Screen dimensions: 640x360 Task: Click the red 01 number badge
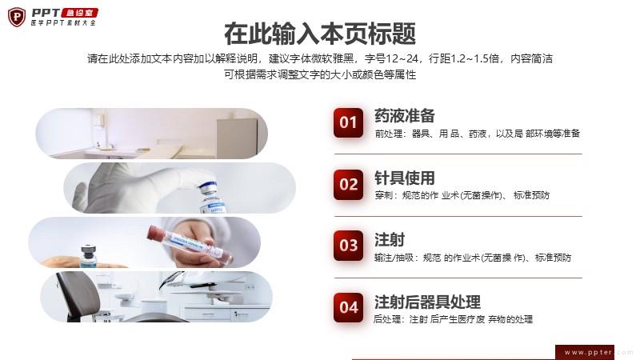pos(348,122)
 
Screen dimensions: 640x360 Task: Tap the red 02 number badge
pos(348,185)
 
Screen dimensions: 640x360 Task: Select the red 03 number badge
pos(348,246)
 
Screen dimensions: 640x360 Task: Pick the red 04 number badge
pos(348,307)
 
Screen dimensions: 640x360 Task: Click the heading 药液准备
pos(405,116)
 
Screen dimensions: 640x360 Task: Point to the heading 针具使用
pos(405,178)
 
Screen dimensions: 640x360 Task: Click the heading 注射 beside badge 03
pos(390,239)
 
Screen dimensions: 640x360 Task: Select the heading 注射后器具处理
pos(427,302)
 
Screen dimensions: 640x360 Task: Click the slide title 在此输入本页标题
pos(320,34)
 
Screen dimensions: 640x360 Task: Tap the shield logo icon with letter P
pos(17,17)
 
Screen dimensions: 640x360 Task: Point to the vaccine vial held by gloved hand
pos(211,198)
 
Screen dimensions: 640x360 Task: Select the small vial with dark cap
pos(89,256)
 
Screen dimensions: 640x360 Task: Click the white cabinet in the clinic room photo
pos(237,137)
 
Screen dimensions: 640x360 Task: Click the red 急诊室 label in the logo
pos(79,13)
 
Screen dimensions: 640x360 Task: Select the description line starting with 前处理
pos(477,134)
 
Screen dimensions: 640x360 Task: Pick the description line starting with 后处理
pos(453,319)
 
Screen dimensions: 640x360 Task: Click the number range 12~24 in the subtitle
pos(402,58)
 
